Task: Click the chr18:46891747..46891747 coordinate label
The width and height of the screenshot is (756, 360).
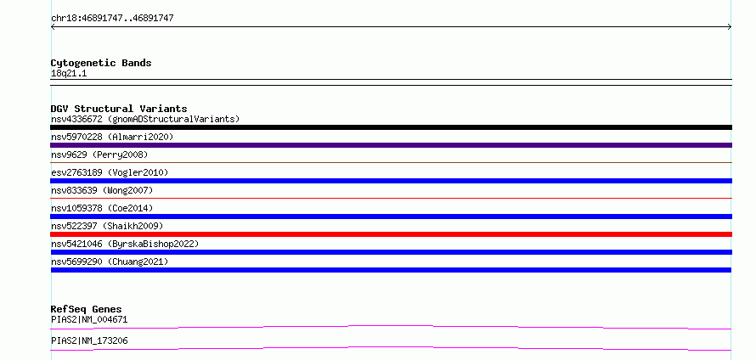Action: click(x=112, y=19)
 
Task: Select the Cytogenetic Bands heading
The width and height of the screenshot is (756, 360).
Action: click(x=101, y=63)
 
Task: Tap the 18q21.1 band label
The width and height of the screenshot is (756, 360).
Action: click(x=69, y=74)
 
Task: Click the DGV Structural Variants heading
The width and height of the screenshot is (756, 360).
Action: click(x=119, y=109)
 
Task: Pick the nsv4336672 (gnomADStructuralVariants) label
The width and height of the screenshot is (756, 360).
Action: click(x=145, y=119)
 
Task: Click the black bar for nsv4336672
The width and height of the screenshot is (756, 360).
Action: click(x=391, y=127)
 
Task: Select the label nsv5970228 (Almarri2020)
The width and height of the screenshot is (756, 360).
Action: click(x=112, y=137)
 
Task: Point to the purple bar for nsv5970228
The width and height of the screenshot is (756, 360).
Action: click(x=391, y=145)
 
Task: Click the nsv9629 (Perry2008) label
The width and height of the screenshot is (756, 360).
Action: click(x=99, y=155)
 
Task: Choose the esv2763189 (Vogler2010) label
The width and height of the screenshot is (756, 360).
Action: click(x=110, y=172)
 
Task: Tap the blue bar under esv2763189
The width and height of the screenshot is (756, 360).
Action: click(x=391, y=181)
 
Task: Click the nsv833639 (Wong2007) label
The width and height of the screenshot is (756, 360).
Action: click(x=102, y=190)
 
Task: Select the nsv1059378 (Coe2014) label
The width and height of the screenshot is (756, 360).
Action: click(x=102, y=208)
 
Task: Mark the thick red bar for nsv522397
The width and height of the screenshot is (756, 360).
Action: click(x=391, y=234)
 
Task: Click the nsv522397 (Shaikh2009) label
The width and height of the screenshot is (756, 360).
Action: click(x=107, y=226)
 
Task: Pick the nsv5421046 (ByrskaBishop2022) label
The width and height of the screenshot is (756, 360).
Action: click(x=125, y=244)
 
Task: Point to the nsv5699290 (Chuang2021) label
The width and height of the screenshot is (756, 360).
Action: click(x=110, y=262)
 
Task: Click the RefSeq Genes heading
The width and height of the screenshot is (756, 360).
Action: click(x=87, y=309)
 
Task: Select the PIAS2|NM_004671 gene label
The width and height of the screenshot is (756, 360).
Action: click(x=89, y=319)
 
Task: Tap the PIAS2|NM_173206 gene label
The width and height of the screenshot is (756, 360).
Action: click(x=89, y=341)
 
